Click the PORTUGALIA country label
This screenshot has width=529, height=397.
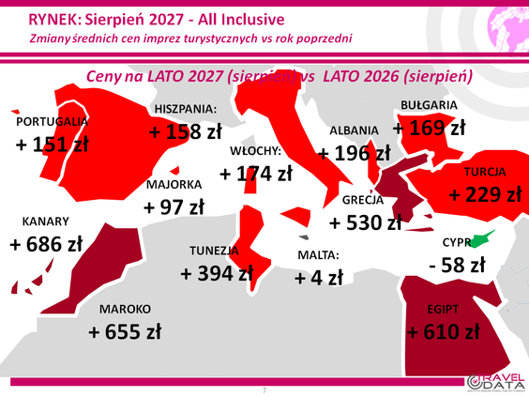53,121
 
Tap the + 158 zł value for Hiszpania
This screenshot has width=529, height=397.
186,131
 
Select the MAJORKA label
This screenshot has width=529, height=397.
174,185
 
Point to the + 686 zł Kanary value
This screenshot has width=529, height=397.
46,244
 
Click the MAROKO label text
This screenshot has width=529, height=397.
125,309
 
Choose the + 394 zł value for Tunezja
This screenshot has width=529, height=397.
217,273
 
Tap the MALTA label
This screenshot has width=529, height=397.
318,255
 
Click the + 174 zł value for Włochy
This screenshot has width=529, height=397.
256,174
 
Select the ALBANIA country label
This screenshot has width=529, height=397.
354,130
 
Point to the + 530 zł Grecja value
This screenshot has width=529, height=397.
366,222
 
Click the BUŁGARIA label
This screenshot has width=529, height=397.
429,105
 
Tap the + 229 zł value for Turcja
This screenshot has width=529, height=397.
485,195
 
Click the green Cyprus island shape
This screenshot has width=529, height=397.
481,239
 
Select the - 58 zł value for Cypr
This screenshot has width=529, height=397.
457,265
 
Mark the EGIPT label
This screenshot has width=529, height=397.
443,309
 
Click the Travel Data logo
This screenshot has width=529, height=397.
496,382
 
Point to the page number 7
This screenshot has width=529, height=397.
264,390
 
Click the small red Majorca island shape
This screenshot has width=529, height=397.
174,171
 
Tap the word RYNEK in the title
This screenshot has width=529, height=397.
53,20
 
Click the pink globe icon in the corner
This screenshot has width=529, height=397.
508,30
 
